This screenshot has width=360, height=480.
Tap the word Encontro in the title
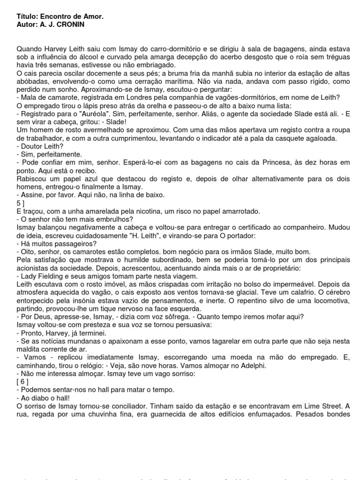pyautogui.click(x=59, y=16)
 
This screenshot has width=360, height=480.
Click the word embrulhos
pyautogui.click(x=112, y=219)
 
